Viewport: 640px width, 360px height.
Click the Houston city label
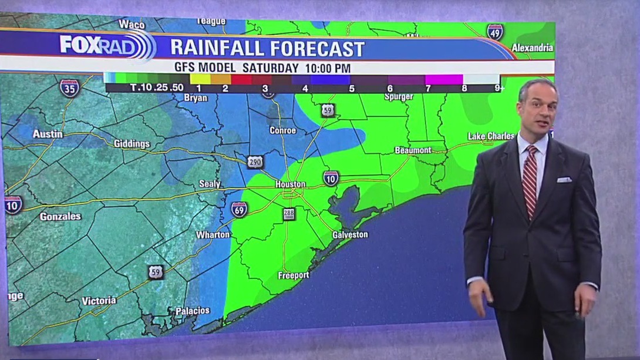tap(291, 184)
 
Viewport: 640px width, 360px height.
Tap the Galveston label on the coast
tap(350, 235)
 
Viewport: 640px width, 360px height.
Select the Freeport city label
tap(293, 275)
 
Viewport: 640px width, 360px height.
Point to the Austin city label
tap(48, 134)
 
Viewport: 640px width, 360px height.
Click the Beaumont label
tap(413, 150)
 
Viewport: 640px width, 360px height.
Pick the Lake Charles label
tap(491, 136)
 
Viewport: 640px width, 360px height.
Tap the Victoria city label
tap(99, 301)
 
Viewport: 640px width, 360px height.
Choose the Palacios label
tap(193, 310)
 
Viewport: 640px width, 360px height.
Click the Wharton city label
tap(213, 235)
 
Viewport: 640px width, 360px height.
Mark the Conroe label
tap(282, 130)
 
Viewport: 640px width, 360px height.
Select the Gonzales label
tap(60, 216)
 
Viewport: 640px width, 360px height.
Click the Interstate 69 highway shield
tap(239, 210)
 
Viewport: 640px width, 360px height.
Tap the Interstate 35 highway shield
tap(69, 88)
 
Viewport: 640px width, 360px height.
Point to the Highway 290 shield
tap(255, 162)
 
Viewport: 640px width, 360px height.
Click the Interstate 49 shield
tap(495, 32)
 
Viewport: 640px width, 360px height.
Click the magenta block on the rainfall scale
tap(444, 79)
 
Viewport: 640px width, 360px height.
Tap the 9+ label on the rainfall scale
tap(500, 89)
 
